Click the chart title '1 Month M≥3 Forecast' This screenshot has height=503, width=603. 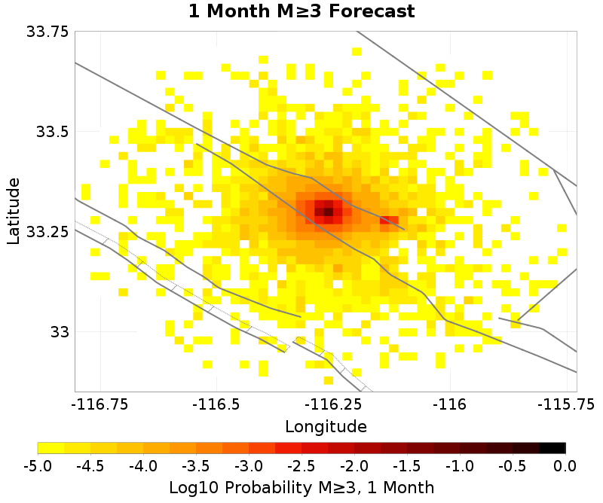[301, 11]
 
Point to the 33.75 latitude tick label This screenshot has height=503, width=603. [47, 32]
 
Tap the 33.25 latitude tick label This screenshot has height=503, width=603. [47, 232]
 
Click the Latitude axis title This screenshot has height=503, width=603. [13, 211]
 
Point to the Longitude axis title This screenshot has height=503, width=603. [326, 426]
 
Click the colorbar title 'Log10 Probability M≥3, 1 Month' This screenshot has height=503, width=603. [301, 488]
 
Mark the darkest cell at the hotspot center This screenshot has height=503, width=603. [328, 212]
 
